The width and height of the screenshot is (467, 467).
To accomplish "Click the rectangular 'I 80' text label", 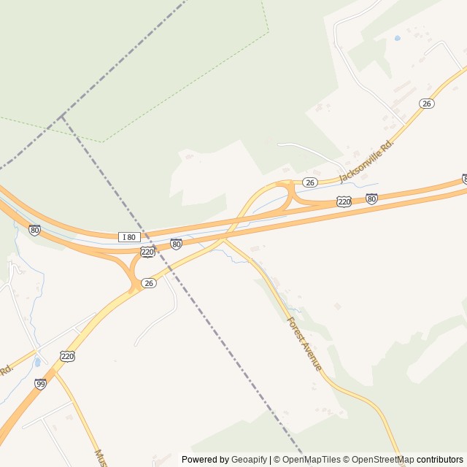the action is tap(129, 236).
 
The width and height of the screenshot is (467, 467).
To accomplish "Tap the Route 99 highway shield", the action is tap(40, 384).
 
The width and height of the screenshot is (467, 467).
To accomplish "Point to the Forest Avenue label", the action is tap(304, 343).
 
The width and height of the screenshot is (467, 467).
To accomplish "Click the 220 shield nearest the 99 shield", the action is tap(68, 356).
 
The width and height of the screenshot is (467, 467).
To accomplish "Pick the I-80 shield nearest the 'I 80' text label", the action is tap(176, 244).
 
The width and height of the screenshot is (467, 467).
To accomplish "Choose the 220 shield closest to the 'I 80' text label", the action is tap(147, 252).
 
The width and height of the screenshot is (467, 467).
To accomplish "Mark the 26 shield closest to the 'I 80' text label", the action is tap(149, 283).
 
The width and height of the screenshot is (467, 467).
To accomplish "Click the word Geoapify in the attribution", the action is tap(250, 460).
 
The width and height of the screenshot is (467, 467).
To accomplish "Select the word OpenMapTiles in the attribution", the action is tap(312, 460).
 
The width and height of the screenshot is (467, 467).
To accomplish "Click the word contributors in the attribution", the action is tap(440, 460).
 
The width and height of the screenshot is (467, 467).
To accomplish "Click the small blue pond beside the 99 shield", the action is tap(36, 362).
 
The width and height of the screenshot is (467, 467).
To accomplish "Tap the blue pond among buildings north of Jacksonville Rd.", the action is tap(397, 37).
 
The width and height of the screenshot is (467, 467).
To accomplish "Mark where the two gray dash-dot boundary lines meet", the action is tap(63, 117).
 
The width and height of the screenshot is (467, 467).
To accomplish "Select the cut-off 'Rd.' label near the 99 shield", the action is tap(6, 371).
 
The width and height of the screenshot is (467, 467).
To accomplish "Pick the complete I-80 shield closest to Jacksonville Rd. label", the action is tap(371, 198).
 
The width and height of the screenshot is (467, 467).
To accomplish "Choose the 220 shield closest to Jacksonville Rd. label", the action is tap(344, 201).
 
